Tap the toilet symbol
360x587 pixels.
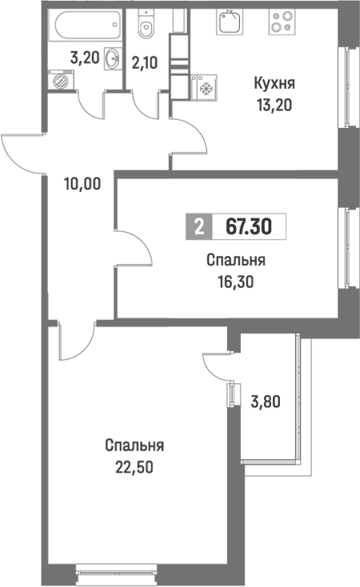click(146, 28)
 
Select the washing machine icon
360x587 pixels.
click(59, 80)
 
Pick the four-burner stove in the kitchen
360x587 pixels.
click(282, 21)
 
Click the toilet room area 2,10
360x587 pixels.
click(146, 62)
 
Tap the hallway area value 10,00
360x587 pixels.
click(82, 182)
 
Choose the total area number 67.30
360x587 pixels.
click(248, 227)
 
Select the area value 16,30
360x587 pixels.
click(235, 280)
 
